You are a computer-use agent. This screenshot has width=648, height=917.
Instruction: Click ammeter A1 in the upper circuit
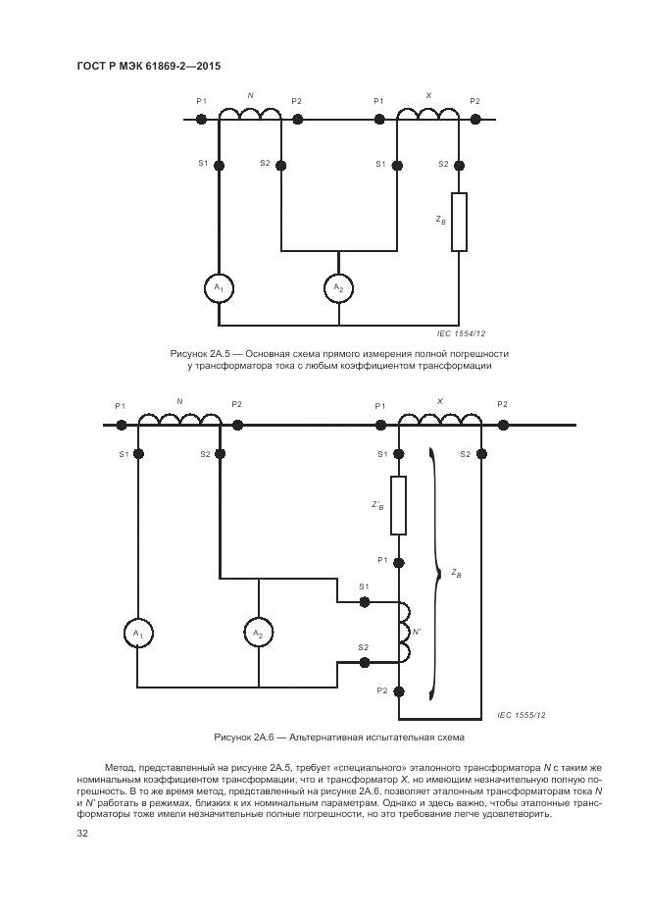coord(218,287)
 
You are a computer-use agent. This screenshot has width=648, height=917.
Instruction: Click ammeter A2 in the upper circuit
coord(337,287)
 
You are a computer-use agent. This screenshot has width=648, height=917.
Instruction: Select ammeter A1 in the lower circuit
coord(136,634)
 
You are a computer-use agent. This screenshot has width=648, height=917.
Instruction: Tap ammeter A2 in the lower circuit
coord(258,634)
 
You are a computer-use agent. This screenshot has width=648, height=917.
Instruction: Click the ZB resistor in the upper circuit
coord(458,222)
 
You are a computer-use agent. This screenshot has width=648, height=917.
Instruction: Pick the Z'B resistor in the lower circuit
coord(398,505)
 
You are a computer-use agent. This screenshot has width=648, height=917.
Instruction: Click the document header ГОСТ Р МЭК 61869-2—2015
coord(147,66)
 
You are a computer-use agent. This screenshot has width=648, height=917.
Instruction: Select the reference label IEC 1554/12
coord(461,334)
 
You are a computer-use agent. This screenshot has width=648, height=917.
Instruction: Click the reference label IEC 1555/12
coord(521,715)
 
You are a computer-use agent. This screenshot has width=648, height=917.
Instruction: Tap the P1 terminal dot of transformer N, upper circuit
coord(200,120)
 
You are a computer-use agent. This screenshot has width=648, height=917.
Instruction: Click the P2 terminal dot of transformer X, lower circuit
coord(502,425)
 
